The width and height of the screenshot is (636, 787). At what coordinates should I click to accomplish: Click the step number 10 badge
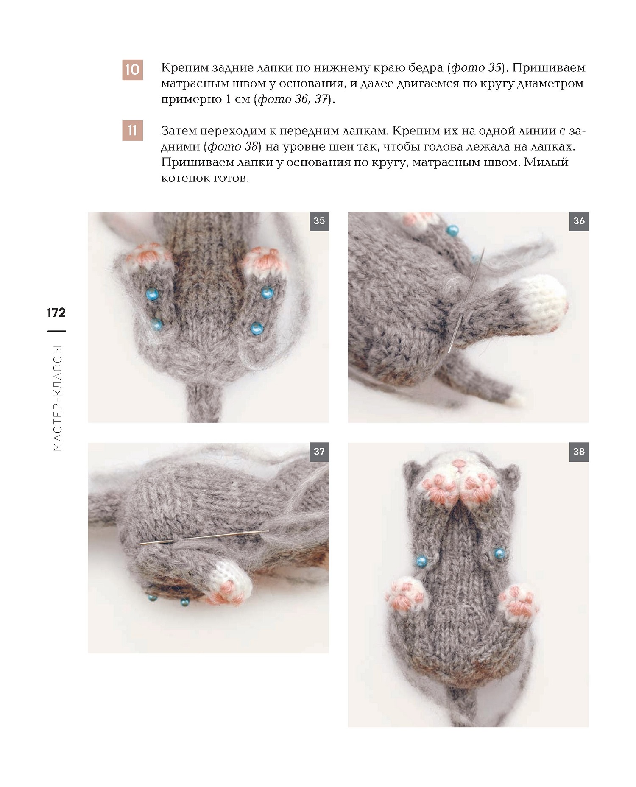pos(132,70)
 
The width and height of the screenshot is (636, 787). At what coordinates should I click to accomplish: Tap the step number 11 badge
pos(132,130)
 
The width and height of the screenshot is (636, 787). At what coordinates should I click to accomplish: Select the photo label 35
pos(319,220)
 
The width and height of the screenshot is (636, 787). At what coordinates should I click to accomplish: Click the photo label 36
pos(579,220)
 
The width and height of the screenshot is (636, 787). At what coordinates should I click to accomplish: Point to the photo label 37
pos(319,452)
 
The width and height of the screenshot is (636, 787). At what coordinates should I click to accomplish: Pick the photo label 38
pos(579,452)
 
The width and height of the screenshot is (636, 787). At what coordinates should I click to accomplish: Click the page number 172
pos(56,313)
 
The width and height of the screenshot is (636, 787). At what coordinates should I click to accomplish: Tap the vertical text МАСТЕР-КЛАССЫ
pos(58,398)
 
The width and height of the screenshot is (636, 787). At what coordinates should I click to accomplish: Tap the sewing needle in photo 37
pos(204,537)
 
